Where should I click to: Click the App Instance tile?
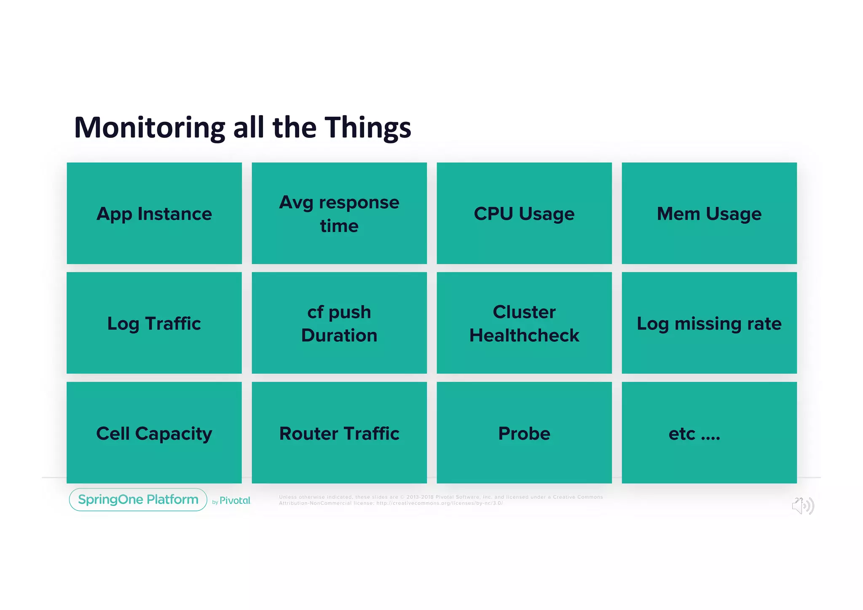154,213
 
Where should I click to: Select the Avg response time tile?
339,213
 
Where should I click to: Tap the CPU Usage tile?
524,213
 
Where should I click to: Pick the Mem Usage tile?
709,213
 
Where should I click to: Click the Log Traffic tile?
154,323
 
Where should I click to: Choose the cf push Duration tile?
339,323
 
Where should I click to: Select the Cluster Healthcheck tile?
524,323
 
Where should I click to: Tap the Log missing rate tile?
709,323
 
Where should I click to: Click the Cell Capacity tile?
154,433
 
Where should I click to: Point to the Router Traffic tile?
339,433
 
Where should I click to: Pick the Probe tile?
524,433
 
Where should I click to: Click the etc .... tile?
709,433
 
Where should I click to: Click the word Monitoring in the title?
150,128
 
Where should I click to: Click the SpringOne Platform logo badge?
138,500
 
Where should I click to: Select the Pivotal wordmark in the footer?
235,501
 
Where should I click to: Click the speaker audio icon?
803,506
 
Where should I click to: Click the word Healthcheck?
524,336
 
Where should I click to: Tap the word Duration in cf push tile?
339,336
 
